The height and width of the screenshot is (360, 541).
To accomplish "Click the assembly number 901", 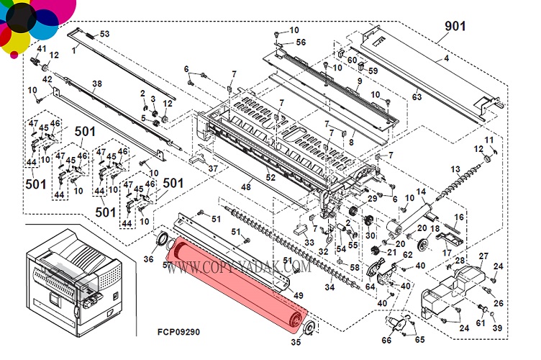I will point(454,27).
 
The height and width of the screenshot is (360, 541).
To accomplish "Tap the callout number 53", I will point(104,34).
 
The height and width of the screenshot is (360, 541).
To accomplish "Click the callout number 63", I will point(417,96).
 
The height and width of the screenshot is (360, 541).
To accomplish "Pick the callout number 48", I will point(245,187).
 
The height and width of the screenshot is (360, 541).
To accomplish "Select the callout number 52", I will point(271,177).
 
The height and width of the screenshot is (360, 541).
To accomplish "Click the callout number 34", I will point(329,288).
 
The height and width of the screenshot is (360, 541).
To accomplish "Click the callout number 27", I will point(483,256).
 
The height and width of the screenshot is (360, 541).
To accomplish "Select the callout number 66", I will point(386,339).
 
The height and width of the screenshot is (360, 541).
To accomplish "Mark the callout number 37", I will point(212,168).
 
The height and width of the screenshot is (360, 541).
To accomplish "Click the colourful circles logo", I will point(32,25).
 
